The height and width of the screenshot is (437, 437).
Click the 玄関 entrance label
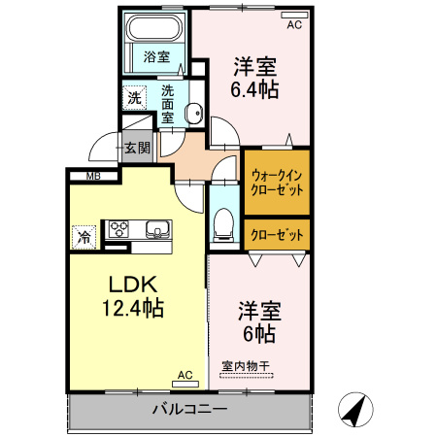pyautogui.click(x=137, y=149)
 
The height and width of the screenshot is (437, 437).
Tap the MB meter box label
pyautogui.click(x=93, y=176)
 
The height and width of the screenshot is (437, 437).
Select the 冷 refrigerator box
pyautogui.click(x=84, y=236)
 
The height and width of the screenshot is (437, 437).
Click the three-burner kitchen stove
pyautogui.click(x=118, y=230)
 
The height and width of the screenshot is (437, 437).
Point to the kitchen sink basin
pyautogui.click(x=158, y=230)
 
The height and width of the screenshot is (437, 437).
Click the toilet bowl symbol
pyautogui.click(x=222, y=222)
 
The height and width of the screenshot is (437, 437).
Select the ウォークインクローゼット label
pyautogui.click(x=277, y=182)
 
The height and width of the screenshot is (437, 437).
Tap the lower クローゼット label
pyautogui.click(x=277, y=233)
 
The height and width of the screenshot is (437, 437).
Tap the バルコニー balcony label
pyautogui.click(x=189, y=408)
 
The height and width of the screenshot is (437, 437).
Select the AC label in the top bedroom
pyautogui.click(x=293, y=25)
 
